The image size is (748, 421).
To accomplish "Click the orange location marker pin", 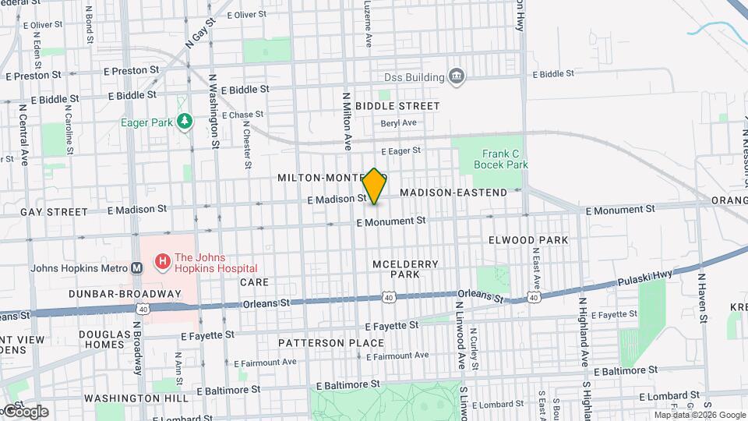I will (374, 186).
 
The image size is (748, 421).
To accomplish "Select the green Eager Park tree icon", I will (185, 122).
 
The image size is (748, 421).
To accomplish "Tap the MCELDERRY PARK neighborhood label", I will (405, 269).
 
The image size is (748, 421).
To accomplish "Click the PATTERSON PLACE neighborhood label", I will (331, 343).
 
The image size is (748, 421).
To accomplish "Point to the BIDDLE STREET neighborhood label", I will (397, 105).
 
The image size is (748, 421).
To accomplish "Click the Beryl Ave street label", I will (398, 123).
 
